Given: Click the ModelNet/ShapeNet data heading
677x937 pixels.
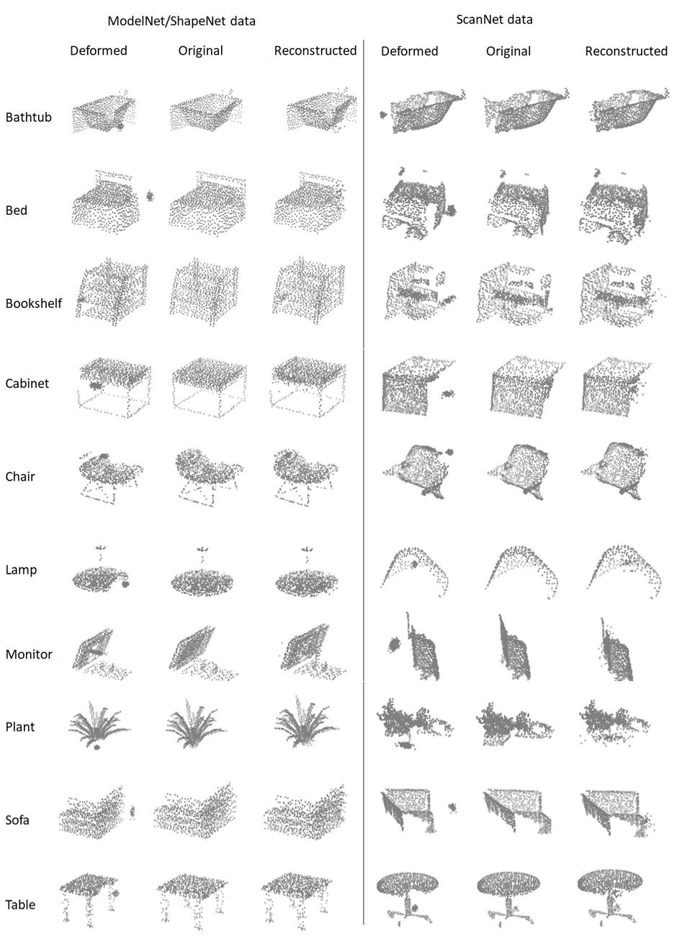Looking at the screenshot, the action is (x=181, y=21).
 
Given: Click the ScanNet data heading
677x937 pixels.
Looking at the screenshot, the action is (x=494, y=19).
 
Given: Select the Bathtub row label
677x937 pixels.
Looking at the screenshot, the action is (x=28, y=117).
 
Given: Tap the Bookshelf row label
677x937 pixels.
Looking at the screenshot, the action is (x=33, y=303).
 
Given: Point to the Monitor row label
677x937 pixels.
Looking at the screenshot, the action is (x=29, y=654).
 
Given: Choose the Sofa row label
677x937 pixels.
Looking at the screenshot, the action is (x=17, y=820).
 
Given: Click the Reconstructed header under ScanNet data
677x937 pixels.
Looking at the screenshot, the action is (x=626, y=51).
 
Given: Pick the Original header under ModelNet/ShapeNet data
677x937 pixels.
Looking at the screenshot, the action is (x=201, y=50).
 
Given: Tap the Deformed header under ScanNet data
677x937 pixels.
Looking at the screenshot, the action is (x=410, y=51).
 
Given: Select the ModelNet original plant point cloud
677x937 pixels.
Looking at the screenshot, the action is (x=196, y=724).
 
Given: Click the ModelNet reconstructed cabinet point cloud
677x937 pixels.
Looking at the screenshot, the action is (x=308, y=386).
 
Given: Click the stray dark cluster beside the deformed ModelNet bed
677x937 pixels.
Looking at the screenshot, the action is (x=150, y=196).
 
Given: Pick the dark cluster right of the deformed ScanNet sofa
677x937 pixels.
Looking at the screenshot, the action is (x=452, y=807).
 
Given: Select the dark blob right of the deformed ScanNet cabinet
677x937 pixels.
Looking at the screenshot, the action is (x=449, y=394).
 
